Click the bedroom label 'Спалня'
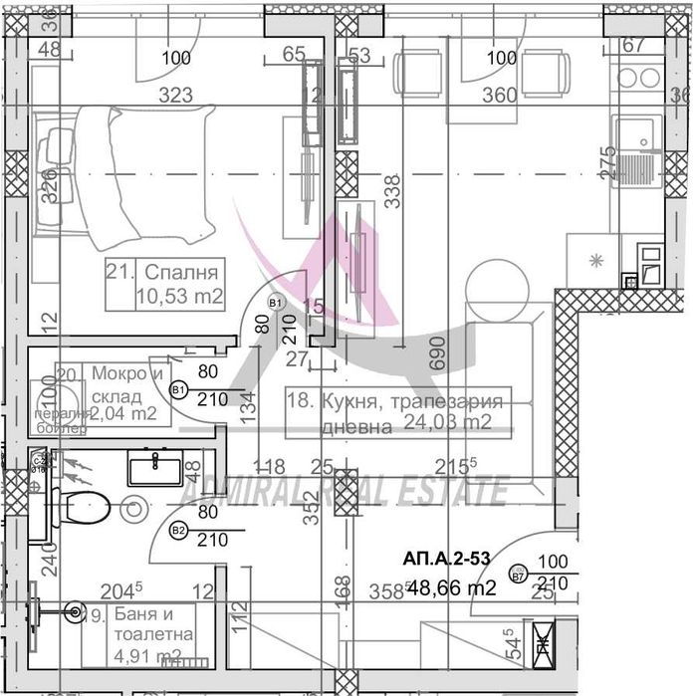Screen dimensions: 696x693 (x=181, y=272)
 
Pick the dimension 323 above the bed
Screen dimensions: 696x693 (x=176, y=96)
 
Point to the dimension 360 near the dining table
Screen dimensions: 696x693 (x=500, y=96)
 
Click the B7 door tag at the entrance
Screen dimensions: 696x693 (x=518, y=576)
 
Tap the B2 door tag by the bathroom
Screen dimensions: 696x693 (x=179, y=531)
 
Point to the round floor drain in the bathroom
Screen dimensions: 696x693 (x=130, y=510)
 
